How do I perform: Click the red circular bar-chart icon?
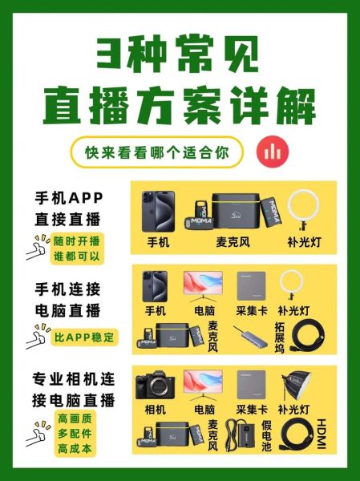(272, 152)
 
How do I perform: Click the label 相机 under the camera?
(156, 409)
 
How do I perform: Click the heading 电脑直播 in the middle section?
(68, 310)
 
